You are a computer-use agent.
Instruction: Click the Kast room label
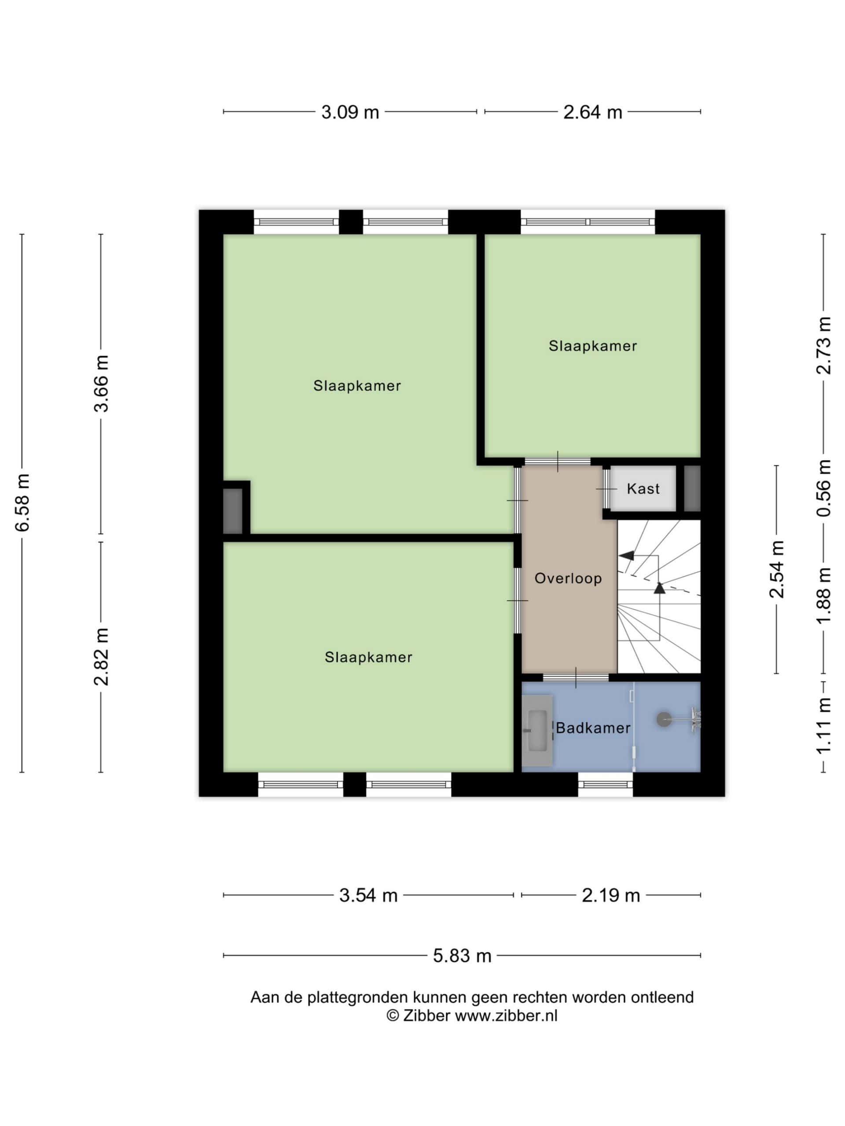point(643,489)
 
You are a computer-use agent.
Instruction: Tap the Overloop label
point(568,578)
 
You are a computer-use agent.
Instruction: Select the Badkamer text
point(593,728)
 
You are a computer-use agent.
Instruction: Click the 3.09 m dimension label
point(350,112)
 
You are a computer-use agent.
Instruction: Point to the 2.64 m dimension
point(592,112)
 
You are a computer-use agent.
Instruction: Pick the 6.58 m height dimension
point(22,502)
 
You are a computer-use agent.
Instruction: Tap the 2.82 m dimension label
point(101,657)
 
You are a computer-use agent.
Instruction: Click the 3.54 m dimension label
point(368,896)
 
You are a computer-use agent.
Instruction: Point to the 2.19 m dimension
point(611,896)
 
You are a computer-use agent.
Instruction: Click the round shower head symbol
point(664,719)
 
